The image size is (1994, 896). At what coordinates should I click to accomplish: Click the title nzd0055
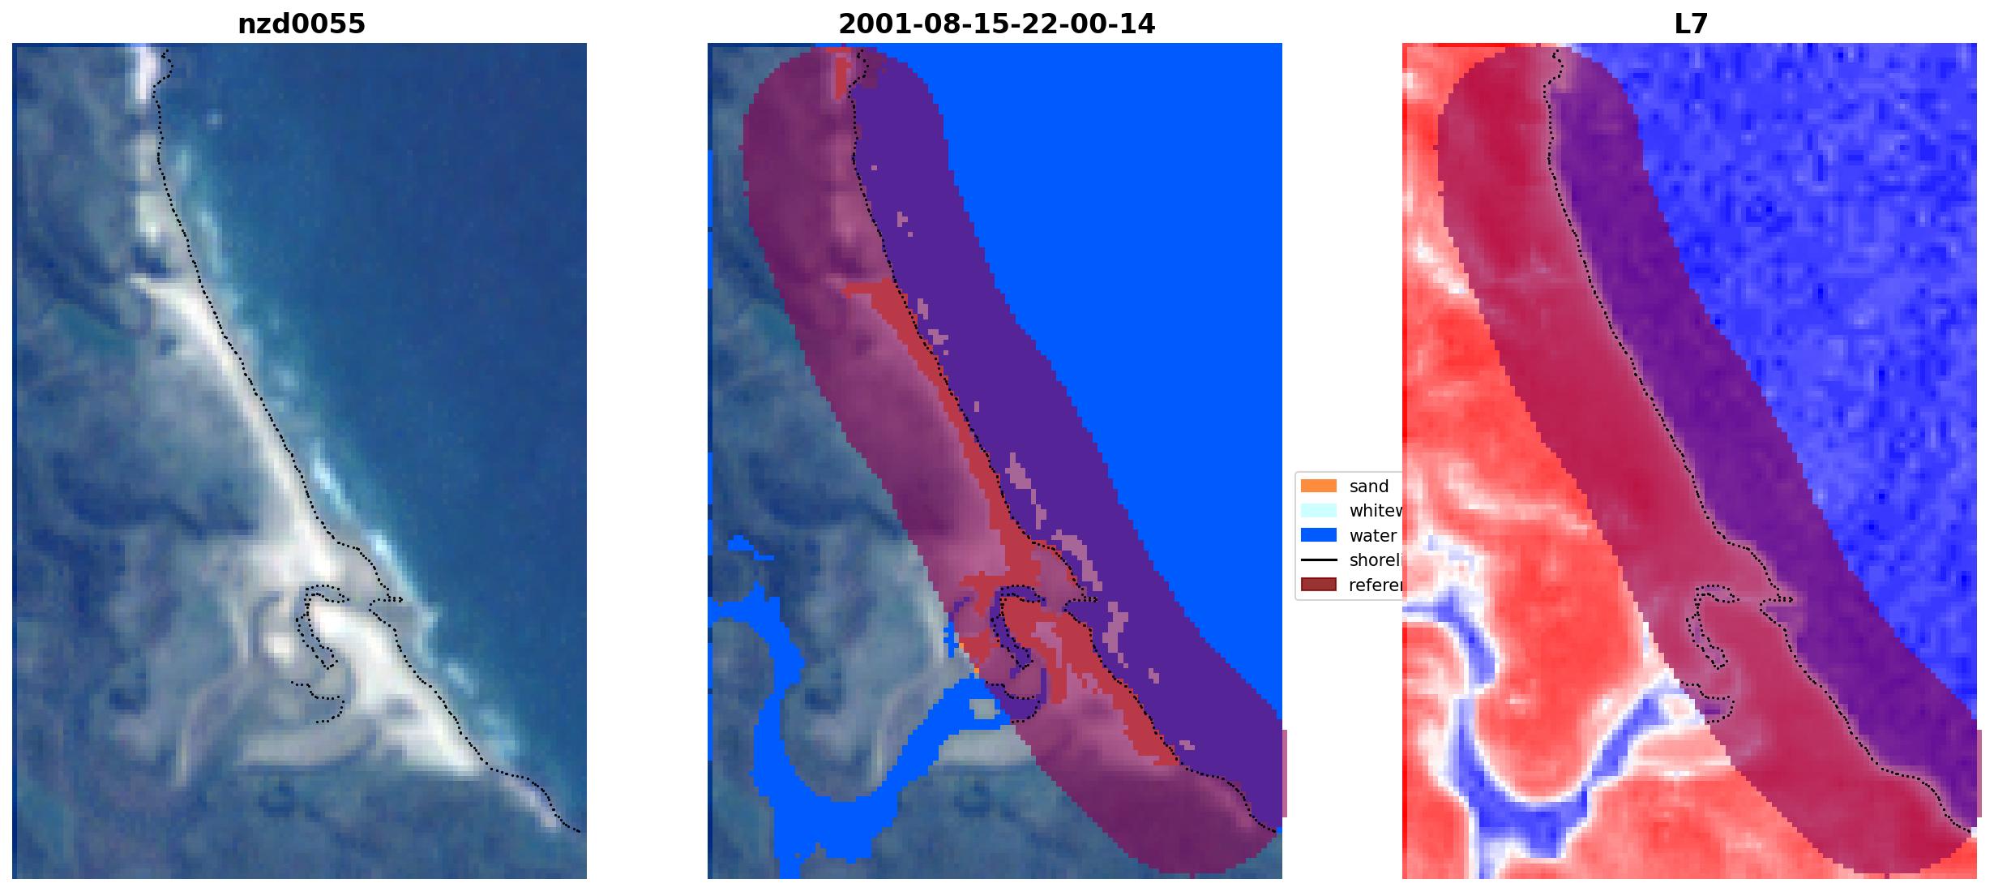click(x=301, y=24)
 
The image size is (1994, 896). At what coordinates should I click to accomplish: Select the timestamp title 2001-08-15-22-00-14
click(x=996, y=24)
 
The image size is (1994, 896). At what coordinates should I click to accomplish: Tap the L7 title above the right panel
click(x=1691, y=24)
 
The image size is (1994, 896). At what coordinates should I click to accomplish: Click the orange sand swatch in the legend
click(x=1318, y=487)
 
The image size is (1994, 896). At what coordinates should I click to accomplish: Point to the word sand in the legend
click(x=1368, y=487)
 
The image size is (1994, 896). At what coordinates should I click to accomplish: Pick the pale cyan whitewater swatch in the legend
click(x=1318, y=511)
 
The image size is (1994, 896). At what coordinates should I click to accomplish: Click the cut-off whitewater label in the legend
click(x=1375, y=511)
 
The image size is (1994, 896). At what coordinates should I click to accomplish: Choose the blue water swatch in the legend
click(x=1318, y=535)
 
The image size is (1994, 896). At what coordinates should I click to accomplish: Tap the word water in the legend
click(x=1372, y=536)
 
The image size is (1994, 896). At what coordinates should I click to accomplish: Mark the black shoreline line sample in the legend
click(x=1318, y=560)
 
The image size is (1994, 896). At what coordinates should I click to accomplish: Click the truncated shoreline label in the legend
click(x=1375, y=560)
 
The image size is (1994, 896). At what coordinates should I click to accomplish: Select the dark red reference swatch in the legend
click(x=1318, y=585)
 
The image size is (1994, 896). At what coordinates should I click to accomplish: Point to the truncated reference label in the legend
click(x=1375, y=585)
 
